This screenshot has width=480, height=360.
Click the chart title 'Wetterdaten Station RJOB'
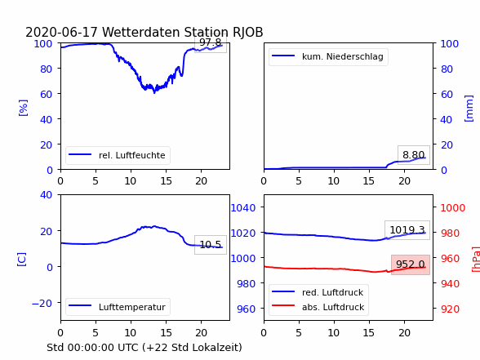pos(183,32)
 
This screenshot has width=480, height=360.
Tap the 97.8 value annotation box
pos(211,45)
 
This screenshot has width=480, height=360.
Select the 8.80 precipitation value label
pos(414,155)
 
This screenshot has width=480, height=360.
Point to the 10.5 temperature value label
pos(211,245)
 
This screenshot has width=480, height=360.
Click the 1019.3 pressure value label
pos(407,230)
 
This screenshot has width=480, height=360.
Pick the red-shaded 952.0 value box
pos(411,264)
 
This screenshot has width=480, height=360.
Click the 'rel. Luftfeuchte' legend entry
pos(118,155)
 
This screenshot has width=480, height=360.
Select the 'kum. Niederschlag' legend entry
pos(328,56)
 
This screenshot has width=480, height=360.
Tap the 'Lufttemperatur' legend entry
pos(118,307)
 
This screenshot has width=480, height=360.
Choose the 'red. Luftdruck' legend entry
pos(318,292)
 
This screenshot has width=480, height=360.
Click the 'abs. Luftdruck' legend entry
pos(318,307)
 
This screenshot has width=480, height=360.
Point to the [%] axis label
pos(23,108)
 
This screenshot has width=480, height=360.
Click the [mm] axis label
pos(469,109)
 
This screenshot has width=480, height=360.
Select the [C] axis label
pos(22,260)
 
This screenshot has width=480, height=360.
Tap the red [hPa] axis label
pos(476,260)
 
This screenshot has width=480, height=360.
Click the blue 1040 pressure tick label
pos(243,208)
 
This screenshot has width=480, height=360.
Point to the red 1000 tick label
pos(453,208)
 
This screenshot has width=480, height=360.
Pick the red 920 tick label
pos(451,309)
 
